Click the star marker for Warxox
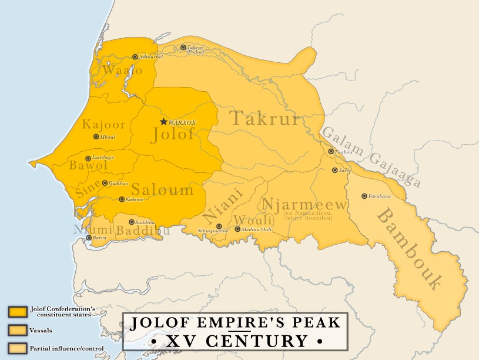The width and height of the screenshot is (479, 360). (x=163, y=122)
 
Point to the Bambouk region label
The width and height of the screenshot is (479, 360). (x=408, y=248)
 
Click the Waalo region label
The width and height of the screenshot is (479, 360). (x=122, y=70)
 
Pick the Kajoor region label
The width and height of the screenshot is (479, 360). (x=103, y=125)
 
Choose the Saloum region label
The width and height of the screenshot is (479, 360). (x=162, y=189)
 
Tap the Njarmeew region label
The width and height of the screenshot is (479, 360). (x=305, y=205)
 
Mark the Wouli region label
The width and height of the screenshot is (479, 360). (x=244, y=219)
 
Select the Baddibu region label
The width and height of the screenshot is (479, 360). (x=143, y=231)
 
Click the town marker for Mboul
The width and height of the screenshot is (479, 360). (x=96, y=136)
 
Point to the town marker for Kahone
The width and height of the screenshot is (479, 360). (x=122, y=199)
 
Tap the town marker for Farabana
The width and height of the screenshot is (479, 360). (x=364, y=196)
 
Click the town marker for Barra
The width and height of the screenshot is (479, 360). (x=89, y=238)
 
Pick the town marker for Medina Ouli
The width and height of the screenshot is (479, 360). (x=238, y=229)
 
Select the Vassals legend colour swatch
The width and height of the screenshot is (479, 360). (x=18, y=329)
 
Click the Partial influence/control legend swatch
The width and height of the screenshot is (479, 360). (x=18, y=348)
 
